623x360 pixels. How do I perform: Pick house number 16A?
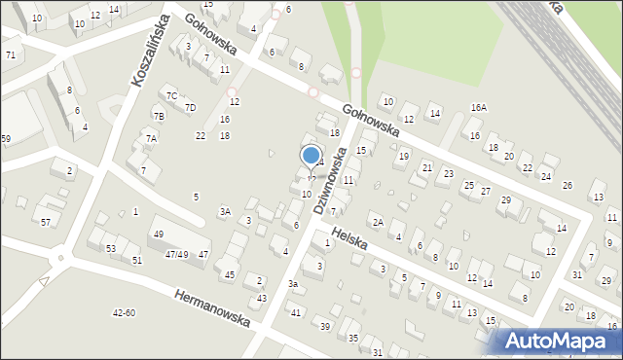(478, 108)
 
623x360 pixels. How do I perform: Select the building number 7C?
(171, 95)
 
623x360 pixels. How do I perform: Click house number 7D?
(190, 107)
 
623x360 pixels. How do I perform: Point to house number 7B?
(159, 117)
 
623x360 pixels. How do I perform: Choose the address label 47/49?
(176, 254)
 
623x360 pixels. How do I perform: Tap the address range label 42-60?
(124, 312)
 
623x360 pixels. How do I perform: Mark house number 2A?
(377, 223)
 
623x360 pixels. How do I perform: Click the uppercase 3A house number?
(225, 211)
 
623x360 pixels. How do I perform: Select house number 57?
(45, 223)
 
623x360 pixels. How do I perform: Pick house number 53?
(111, 249)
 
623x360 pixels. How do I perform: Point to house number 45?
(230, 274)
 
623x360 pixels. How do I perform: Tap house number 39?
(325, 326)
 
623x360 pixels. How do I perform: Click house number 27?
(485, 191)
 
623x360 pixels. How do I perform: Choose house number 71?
(10, 54)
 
